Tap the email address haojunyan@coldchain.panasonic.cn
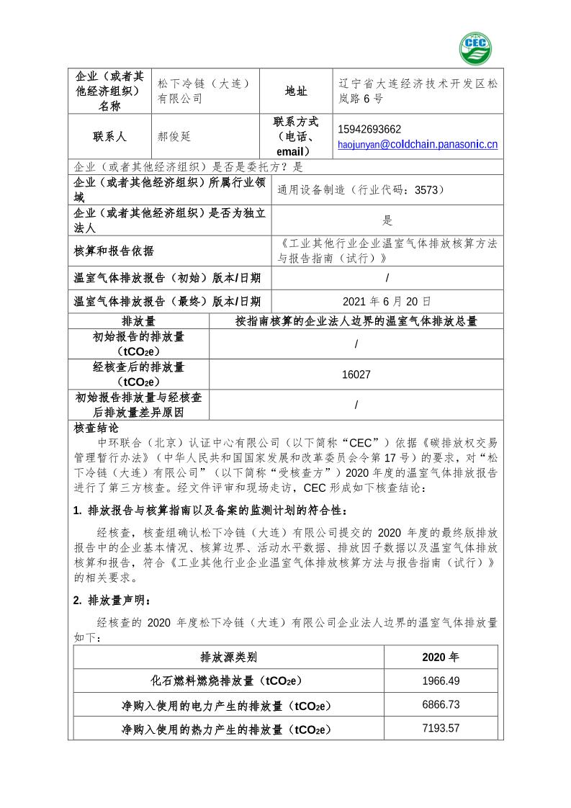pyautogui.click(x=418, y=145)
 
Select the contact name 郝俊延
pyautogui.click(x=174, y=136)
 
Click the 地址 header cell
pyautogui.click(x=296, y=91)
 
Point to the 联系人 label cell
pyautogui.click(x=109, y=136)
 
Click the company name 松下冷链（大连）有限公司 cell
pyautogui.click(x=204, y=91)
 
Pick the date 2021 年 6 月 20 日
pyautogui.click(x=387, y=301)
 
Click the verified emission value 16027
pyautogui.click(x=356, y=374)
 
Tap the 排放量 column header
pyautogui.click(x=138, y=321)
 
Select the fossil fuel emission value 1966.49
pyautogui.click(x=441, y=681)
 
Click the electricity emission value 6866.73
pyautogui.click(x=441, y=704)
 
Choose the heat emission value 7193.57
pyautogui.click(x=441, y=728)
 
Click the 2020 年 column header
pyautogui.click(x=441, y=657)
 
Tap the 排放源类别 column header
pyautogui.click(x=228, y=657)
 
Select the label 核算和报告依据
pyautogui.click(x=114, y=251)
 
